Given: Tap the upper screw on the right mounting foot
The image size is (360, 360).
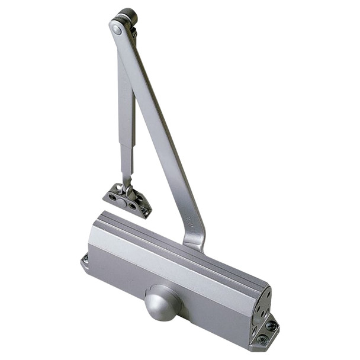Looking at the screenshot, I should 271,326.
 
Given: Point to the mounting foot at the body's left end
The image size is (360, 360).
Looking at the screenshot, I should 85,261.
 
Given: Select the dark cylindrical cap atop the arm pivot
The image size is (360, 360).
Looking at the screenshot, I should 127,15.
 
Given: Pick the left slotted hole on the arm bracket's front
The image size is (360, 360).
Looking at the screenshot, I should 112,197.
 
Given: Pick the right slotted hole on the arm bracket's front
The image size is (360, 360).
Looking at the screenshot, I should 132,206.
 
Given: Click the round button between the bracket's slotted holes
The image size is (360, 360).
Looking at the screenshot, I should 121,202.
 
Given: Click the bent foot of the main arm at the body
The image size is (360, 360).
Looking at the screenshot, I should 195,240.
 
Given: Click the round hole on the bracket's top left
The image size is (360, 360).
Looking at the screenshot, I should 118,188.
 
